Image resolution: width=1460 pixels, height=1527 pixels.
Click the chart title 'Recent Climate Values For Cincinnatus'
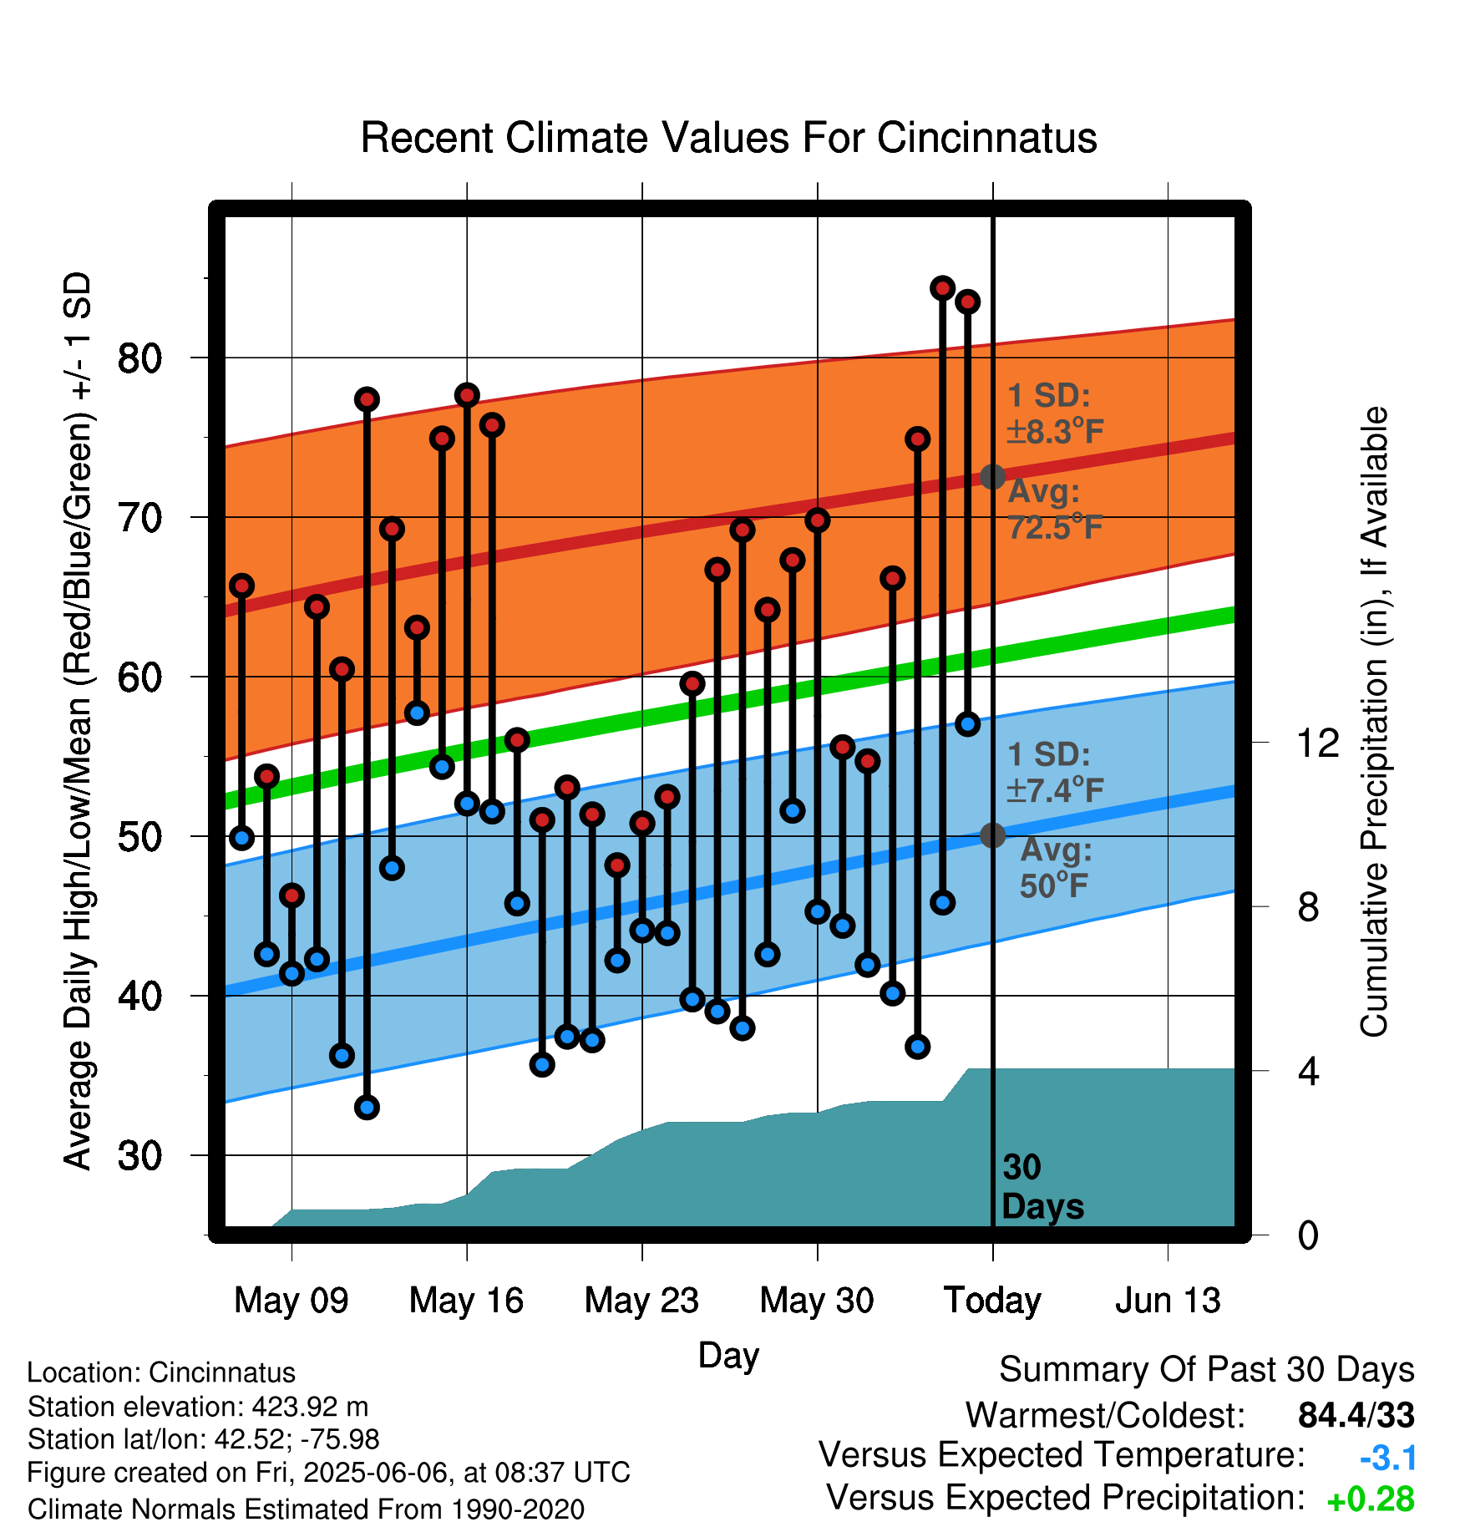pyautogui.click(x=728, y=138)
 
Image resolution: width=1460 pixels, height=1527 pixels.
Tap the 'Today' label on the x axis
pyautogui.click(x=992, y=1301)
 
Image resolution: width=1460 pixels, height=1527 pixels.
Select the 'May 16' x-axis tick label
pyautogui.click(x=466, y=1301)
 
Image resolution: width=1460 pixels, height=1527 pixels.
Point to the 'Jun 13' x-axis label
pyautogui.click(x=1168, y=1301)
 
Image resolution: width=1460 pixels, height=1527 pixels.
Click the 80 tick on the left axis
pyautogui.click(x=139, y=358)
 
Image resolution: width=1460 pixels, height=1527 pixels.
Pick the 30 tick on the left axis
pyautogui.click(x=139, y=1156)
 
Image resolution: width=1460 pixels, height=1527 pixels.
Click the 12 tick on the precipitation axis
pyautogui.click(x=1318, y=743)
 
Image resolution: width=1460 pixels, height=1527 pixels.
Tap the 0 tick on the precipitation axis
pyautogui.click(x=1308, y=1235)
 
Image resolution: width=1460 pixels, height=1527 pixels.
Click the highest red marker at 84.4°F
pyautogui.click(x=942, y=288)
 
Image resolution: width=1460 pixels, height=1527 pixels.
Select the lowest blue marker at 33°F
pyautogui.click(x=367, y=1108)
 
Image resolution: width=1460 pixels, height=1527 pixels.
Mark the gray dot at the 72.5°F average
pyautogui.click(x=992, y=477)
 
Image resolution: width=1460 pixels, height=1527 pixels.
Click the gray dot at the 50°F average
pyautogui.click(x=992, y=835)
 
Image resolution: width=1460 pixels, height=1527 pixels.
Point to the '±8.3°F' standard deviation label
pyautogui.click(x=1055, y=431)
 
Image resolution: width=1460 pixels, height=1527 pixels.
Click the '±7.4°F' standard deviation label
pyautogui.click(x=1055, y=789)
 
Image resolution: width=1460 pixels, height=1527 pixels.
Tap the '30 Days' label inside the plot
pyautogui.click(x=1042, y=1187)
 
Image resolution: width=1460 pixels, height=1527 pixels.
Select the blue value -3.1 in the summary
pyautogui.click(x=1388, y=1459)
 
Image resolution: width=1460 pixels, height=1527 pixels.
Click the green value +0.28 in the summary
pyautogui.click(x=1371, y=1499)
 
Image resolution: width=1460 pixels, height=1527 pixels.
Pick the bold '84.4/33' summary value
pyautogui.click(x=1356, y=1415)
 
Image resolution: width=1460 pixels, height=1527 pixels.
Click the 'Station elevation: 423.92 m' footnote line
pyautogui.click(x=198, y=1407)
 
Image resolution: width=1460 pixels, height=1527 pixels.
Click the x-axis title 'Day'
pyautogui.click(x=728, y=1355)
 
